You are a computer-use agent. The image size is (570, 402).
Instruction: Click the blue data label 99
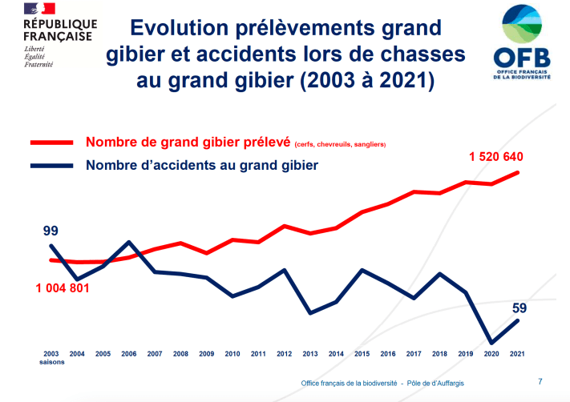(51, 231)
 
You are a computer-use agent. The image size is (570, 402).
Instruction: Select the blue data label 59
(519, 307)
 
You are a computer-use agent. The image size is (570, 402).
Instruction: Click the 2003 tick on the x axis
(51, 353)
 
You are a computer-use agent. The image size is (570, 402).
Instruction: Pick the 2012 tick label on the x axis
(284, 353)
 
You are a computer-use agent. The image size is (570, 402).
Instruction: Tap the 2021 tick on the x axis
(519, 353)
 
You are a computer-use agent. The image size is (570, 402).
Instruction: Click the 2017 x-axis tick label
(414, 353)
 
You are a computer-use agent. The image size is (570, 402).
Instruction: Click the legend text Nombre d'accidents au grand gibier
(201, 166)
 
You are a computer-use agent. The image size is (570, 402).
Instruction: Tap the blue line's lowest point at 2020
(492, 343)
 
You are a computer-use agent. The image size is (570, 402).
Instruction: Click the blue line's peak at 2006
(129, 242)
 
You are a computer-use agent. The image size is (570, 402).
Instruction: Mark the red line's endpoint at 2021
(519, 172)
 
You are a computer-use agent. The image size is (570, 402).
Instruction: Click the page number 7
(539, 381)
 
